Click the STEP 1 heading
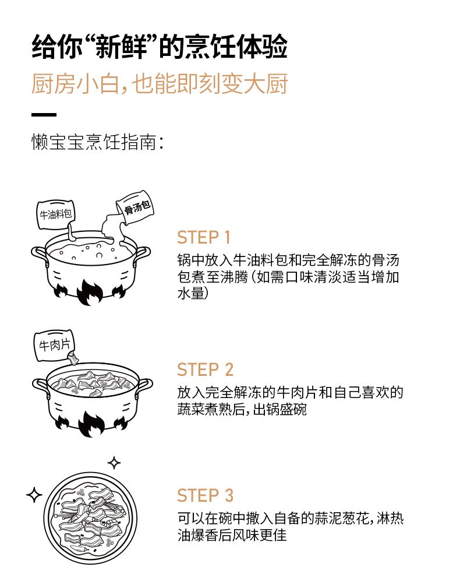pos(203,237)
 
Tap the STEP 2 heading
pos(206,369)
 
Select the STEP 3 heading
pos(206,495)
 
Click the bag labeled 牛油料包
pos(55,214)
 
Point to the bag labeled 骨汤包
pos(136,207)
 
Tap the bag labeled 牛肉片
pos(55,346)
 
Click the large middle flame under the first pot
pos(90,292)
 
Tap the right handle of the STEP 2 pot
pos(144,387)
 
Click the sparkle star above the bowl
pos(114,463)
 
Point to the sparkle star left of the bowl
pos(34,495)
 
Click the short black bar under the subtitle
pos(44,115)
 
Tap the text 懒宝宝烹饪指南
pos(94,142)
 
